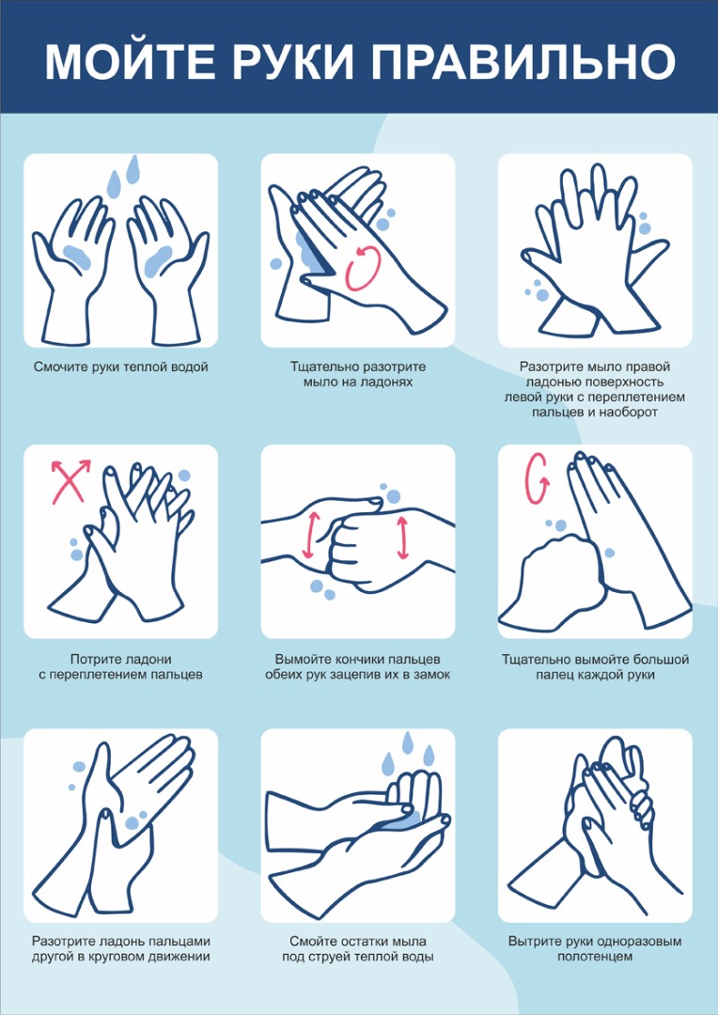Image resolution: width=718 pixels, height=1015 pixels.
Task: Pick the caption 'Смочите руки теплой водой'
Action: pos(121,367)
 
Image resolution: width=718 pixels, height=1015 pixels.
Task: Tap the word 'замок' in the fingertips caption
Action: pos(432,675)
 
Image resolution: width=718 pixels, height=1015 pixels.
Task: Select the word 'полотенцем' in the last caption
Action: pos(595,957)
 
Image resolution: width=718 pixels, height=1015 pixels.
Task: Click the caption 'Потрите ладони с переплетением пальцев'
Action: pos(121,667)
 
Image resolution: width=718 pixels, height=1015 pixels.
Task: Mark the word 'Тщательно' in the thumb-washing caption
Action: pos(536,661)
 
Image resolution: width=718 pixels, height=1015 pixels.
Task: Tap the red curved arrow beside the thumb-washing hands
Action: pos(537,479)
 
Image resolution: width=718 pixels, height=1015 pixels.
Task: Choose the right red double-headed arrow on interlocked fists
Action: pos(403,538)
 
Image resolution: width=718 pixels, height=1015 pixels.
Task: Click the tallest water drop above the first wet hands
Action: pos(133,169)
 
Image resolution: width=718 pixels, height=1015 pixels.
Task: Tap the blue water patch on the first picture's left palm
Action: pos(77,255)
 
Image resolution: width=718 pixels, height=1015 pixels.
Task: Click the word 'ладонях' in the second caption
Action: pos(386,382)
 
